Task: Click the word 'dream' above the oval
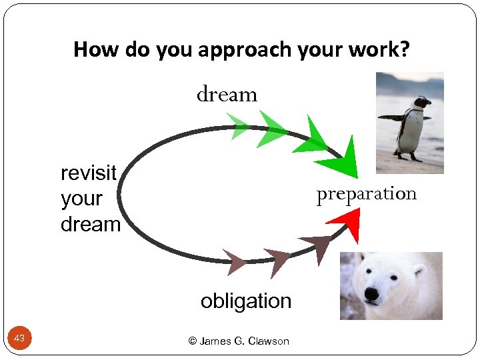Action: click(227, 95)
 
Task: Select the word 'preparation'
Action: click(366, 194)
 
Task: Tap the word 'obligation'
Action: click(246, 301)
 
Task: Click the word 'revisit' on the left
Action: click(89, 173)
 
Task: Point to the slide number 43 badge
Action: click(19, 339)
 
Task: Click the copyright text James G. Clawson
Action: click(239, 341)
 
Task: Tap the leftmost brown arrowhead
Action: click(234, 261)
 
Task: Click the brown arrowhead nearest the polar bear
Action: click(317, 247)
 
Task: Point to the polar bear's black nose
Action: click(371, 293)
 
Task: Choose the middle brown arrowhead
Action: click(277, 259)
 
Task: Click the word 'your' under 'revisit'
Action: click(81, 199)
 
